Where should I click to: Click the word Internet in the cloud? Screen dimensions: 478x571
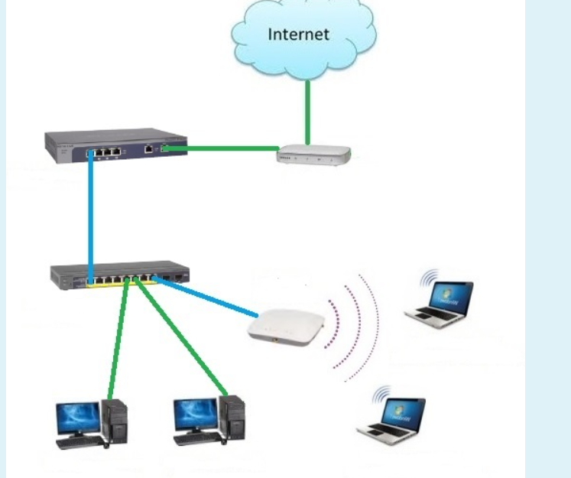(297, 34)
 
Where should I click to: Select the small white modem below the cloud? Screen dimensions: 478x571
(313, 155)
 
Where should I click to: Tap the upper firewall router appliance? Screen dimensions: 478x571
(115, 146)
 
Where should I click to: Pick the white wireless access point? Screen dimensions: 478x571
(286, 326)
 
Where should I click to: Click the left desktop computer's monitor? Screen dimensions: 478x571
(77, 417)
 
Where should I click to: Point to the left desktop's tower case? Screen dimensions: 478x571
(117, 421)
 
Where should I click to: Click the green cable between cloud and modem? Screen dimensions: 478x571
(307, 107)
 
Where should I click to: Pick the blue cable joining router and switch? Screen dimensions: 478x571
(90, 214)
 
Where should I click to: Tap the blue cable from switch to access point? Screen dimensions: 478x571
(206, 298)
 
